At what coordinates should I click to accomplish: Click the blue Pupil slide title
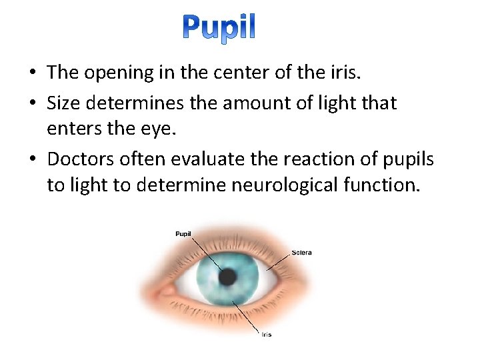tap(219, 29)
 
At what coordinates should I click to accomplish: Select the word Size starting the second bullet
tap(63, 103)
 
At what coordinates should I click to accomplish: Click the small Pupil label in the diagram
tap(184, 233)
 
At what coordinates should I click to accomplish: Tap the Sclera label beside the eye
tap(301, 253)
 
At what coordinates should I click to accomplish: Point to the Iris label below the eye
tap(266, 335)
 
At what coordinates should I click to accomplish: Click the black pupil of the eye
tap(229, 277)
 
